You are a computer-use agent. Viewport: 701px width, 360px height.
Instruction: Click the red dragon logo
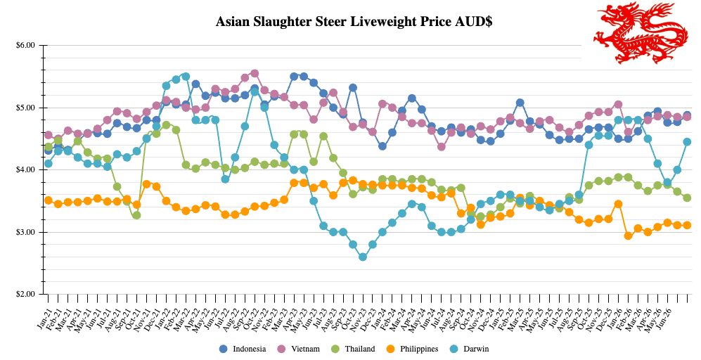point(641,32)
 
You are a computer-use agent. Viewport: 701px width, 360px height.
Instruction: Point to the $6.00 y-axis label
point(25,45)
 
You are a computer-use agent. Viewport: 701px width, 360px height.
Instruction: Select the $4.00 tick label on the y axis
point(25,170)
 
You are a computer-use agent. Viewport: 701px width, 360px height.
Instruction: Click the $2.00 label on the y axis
point(25,295)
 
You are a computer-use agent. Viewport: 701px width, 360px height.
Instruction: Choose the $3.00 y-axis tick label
point(25,232)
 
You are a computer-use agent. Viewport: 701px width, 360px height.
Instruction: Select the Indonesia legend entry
point(243,349)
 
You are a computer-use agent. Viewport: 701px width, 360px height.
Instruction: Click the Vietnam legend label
point(305,349)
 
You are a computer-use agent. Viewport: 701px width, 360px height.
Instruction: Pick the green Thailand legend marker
point(336,349)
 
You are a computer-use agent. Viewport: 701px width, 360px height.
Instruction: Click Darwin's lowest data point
point(363,257)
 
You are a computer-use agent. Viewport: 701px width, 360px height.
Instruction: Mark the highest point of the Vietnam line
point(255,73)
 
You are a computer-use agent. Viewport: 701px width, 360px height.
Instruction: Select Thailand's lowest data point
point(136,215)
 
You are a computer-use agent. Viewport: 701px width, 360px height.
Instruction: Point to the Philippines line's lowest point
point(628,236)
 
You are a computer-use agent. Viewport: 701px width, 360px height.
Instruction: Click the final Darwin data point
point(687,142)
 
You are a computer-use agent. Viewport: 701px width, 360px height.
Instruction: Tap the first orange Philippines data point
point(49,200)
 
